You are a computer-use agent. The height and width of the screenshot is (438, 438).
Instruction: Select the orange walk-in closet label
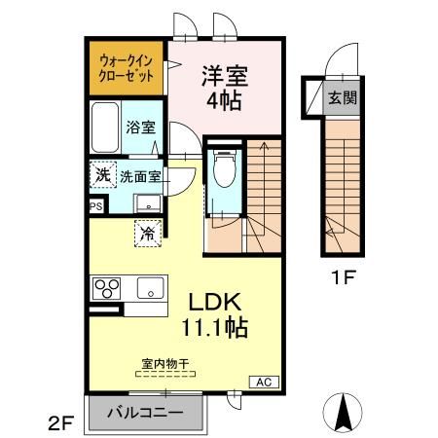pyautogui.click(x=127, y=68)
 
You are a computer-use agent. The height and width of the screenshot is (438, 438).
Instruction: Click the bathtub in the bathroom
pyautogui.click(x=105, y=127)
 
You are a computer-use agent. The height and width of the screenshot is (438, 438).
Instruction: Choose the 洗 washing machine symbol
pyautogui.click(x=102, y=176)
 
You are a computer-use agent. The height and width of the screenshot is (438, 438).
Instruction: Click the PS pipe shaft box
pyautogui.click(x=95, y=206)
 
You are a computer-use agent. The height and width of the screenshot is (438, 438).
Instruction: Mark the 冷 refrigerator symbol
pyautogui.click(x=148, y=234)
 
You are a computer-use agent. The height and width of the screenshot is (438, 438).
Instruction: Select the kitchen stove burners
pyautogui.click(x=105, y=289)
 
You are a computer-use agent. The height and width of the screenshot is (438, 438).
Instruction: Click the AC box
pyautogui.click(x=263, y=381)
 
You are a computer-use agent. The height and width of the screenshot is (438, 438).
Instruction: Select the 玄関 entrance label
pyautogui.click(x=340, y=97)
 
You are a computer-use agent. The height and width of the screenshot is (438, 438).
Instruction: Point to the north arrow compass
pyautogui.click(x=343, y=413)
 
